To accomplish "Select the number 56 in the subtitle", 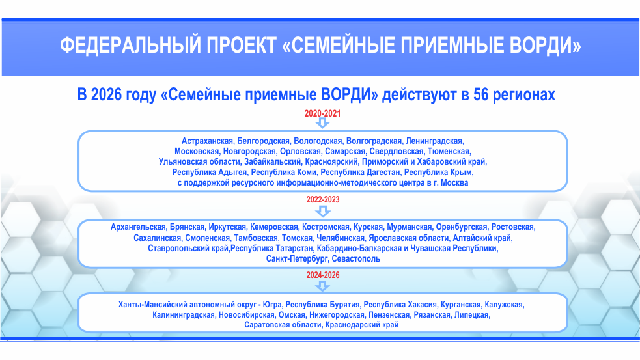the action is pyautogui.click(x=481, y=94).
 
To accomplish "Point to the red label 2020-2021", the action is pyautogui.click(x=322, y=113).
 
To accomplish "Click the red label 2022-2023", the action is pyautogui.click(x=323, y=200).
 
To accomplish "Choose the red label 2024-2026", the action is pyautogui.click(x=323, y=275).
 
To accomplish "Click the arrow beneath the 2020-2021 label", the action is pyautogui.click(x=322, y=123).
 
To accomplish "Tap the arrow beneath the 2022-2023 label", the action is pyautogui.click(x=323, y=211).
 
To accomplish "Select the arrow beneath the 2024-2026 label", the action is pyautogui.click(x=323, y=286).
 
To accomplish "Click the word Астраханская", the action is pyautogui.click(x=207, y=141).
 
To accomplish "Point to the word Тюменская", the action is pyautogui.click(x=449, y=152).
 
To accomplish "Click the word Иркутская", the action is pyautogui.click(x=227, y=227).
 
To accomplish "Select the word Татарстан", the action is pyautogui.click(x=294, y=249).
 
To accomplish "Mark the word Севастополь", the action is pyautogui.click(x=356, y=259).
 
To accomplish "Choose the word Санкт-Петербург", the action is pyautogui.click(x=297, y=259).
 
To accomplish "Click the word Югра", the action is pyautogui.click(x=272, y=305).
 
